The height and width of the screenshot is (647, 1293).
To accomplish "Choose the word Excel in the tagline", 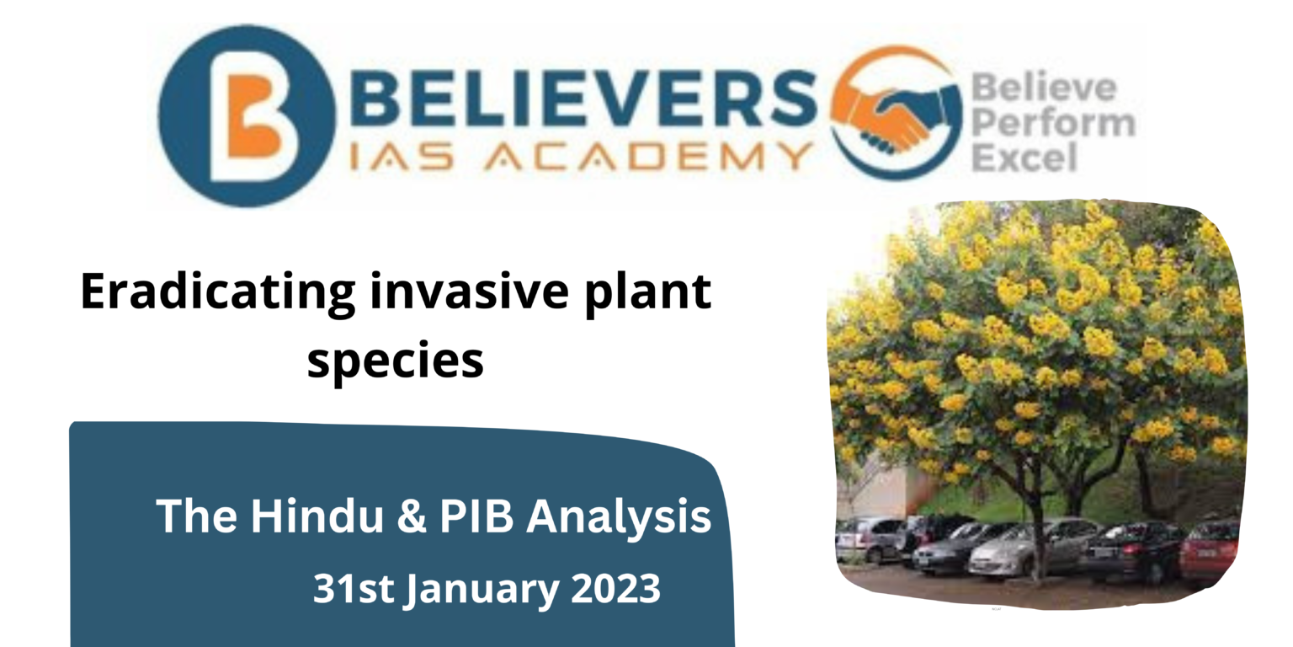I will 1024,158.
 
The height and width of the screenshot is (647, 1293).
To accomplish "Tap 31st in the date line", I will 353,589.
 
